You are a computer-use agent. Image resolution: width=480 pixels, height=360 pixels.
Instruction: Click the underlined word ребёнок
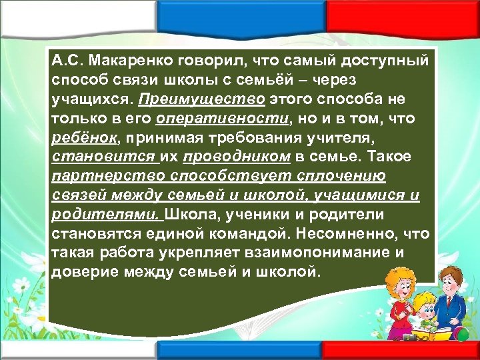(x=77, y=137)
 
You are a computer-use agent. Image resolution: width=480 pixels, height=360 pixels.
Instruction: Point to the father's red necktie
(x=460, y=304)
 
